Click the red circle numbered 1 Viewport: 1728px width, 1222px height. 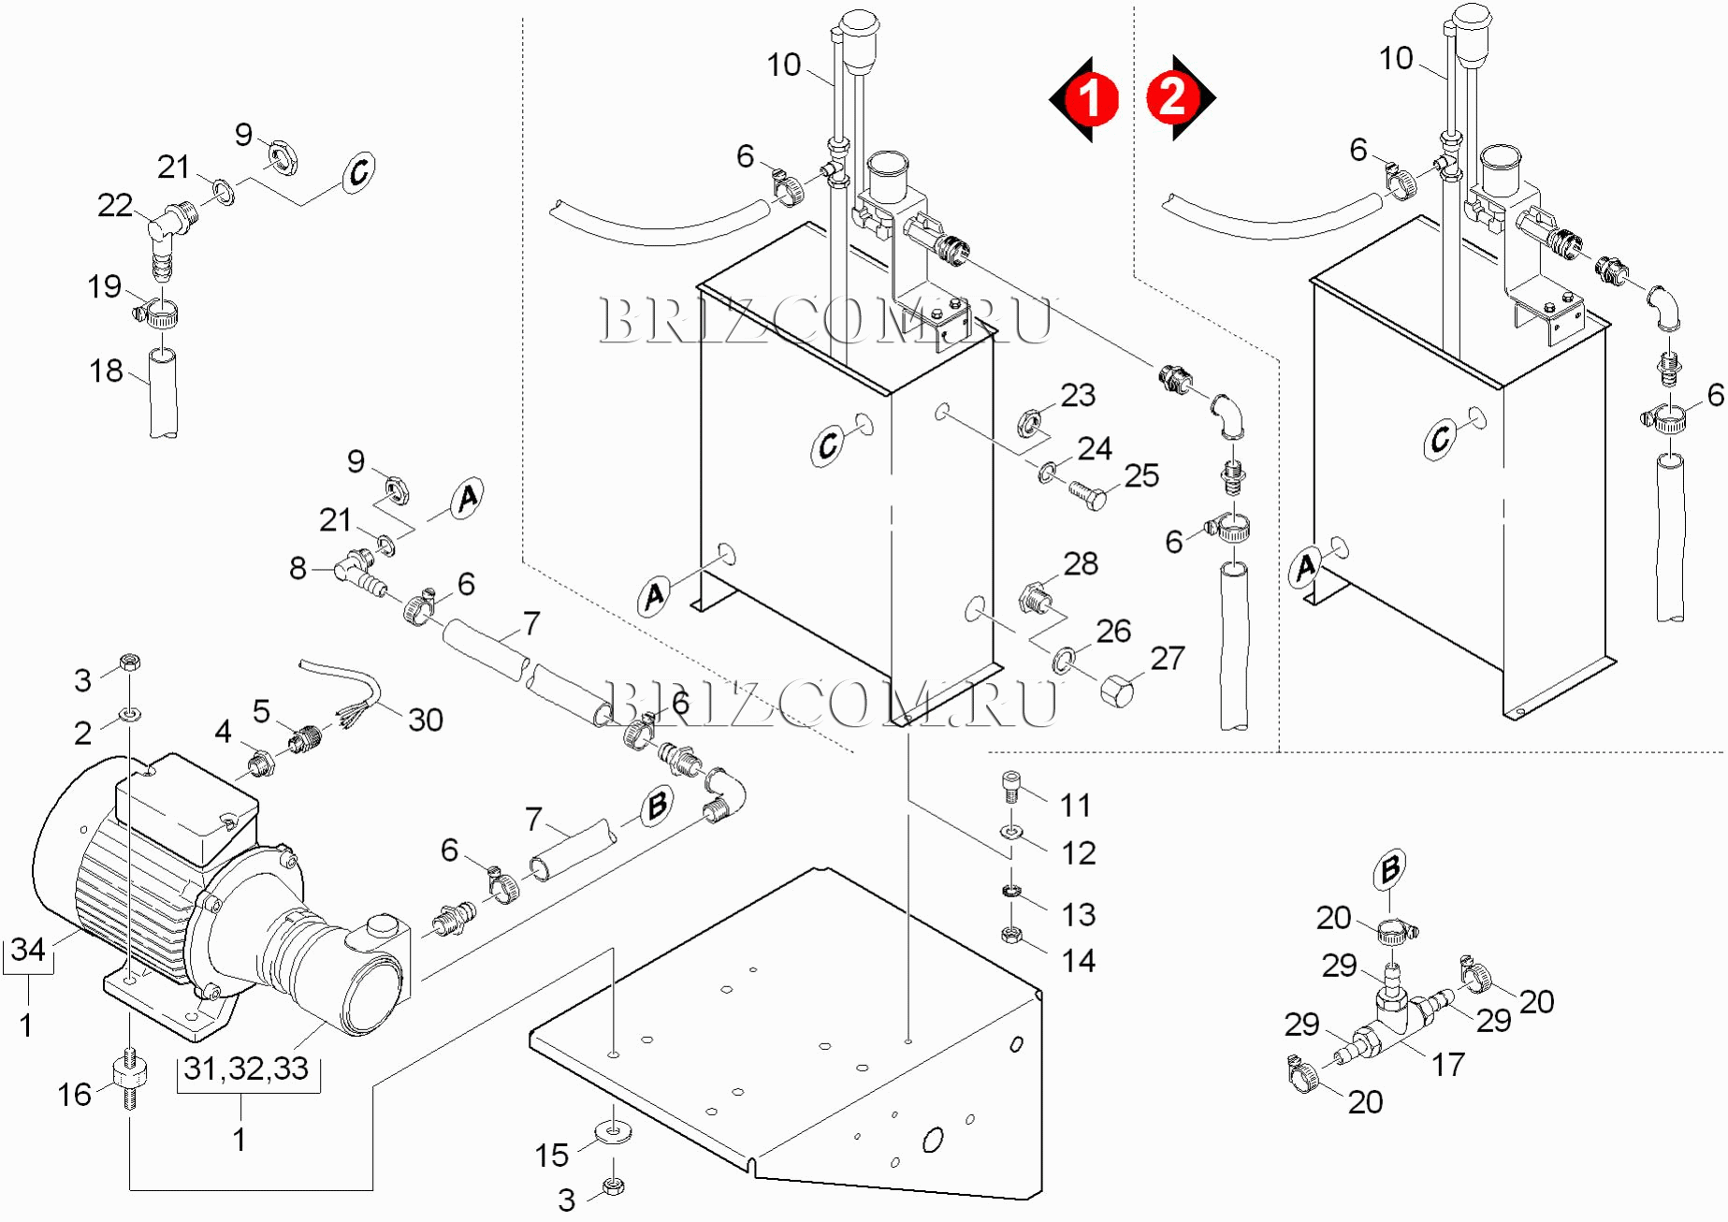point(1090,98)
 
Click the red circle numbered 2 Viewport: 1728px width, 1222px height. point(1172,97)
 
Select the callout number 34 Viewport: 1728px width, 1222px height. point(28,950)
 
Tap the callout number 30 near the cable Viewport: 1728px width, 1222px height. point(425,720)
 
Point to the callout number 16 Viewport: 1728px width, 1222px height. point(75,1094)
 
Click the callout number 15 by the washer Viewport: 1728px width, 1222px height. point(552,1155)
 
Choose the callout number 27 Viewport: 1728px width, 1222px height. point(1168,658)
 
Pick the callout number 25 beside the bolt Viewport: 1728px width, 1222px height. point(1141,475)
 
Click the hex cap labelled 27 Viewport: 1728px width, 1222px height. point(1117,691)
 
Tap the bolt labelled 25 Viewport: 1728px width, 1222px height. point(1086,493)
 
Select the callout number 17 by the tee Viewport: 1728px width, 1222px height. point(1447,1064)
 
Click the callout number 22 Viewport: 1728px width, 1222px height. point(115,205)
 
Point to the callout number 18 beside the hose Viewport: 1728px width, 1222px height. point(106,371)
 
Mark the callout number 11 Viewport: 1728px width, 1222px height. point(1076,805)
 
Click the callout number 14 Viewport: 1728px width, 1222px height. point(1078,960)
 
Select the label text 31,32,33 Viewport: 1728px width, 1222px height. point(246,1068)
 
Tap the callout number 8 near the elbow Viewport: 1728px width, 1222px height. point(298,567)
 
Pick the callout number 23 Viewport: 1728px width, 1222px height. point(1078,395)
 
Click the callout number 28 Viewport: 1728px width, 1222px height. point(1081,563)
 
